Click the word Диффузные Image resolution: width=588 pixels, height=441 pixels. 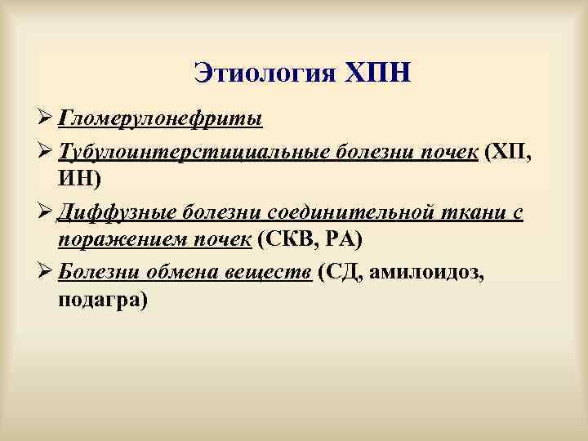[x=109, y=211]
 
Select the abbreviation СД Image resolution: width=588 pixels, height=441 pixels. [x=341, y=271]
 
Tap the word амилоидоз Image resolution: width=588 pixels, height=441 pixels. [x=425, y=271]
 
